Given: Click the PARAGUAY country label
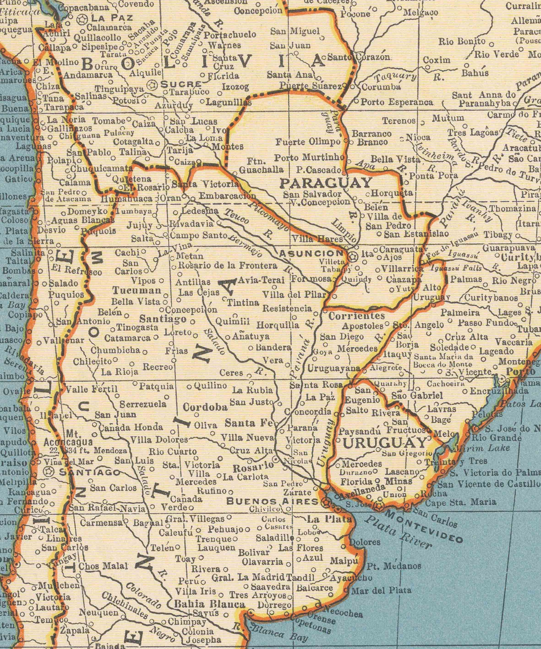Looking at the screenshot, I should tap(325, 183).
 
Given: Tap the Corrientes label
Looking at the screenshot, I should tap(356, 316).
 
